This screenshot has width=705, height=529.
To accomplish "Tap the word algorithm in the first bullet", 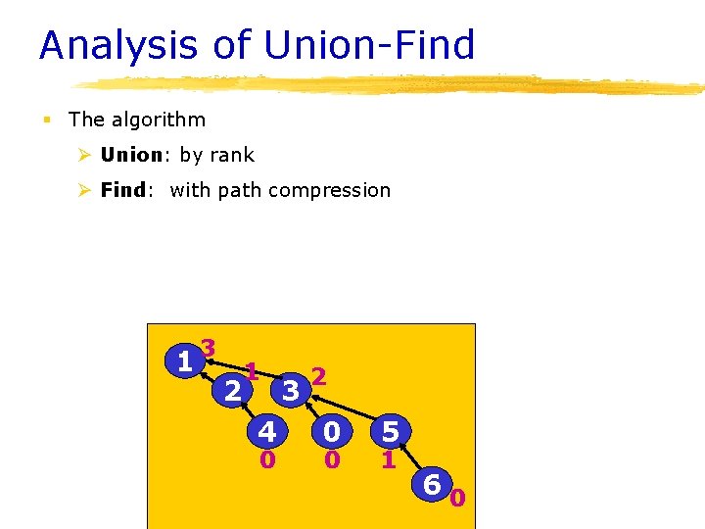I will coord(158,120).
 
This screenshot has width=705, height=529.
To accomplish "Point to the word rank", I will coord(231,155).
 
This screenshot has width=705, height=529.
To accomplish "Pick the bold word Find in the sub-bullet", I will coord(123,190).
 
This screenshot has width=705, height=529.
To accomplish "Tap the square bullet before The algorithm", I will coord(45,120).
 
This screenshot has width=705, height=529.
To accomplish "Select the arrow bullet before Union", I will coord(85,155).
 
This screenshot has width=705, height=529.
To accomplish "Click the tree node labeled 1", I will coord(184,361).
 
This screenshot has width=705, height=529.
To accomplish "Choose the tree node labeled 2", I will coord(233,391).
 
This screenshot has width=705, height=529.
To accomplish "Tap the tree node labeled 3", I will coord(290,391).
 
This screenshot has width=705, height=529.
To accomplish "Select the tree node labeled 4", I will coord(266,432).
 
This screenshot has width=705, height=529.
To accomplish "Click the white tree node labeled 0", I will coord(332,432).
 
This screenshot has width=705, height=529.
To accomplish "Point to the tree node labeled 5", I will coord(391,432).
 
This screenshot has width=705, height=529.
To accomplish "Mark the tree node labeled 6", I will coord(432,483).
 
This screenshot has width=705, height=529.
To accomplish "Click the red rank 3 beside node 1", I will coord(208,348).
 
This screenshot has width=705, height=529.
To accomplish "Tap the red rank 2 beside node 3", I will coord(318,376).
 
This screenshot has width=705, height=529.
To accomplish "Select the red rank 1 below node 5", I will coord(389,458).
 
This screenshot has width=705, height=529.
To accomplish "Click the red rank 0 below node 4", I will coord(266,458).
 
